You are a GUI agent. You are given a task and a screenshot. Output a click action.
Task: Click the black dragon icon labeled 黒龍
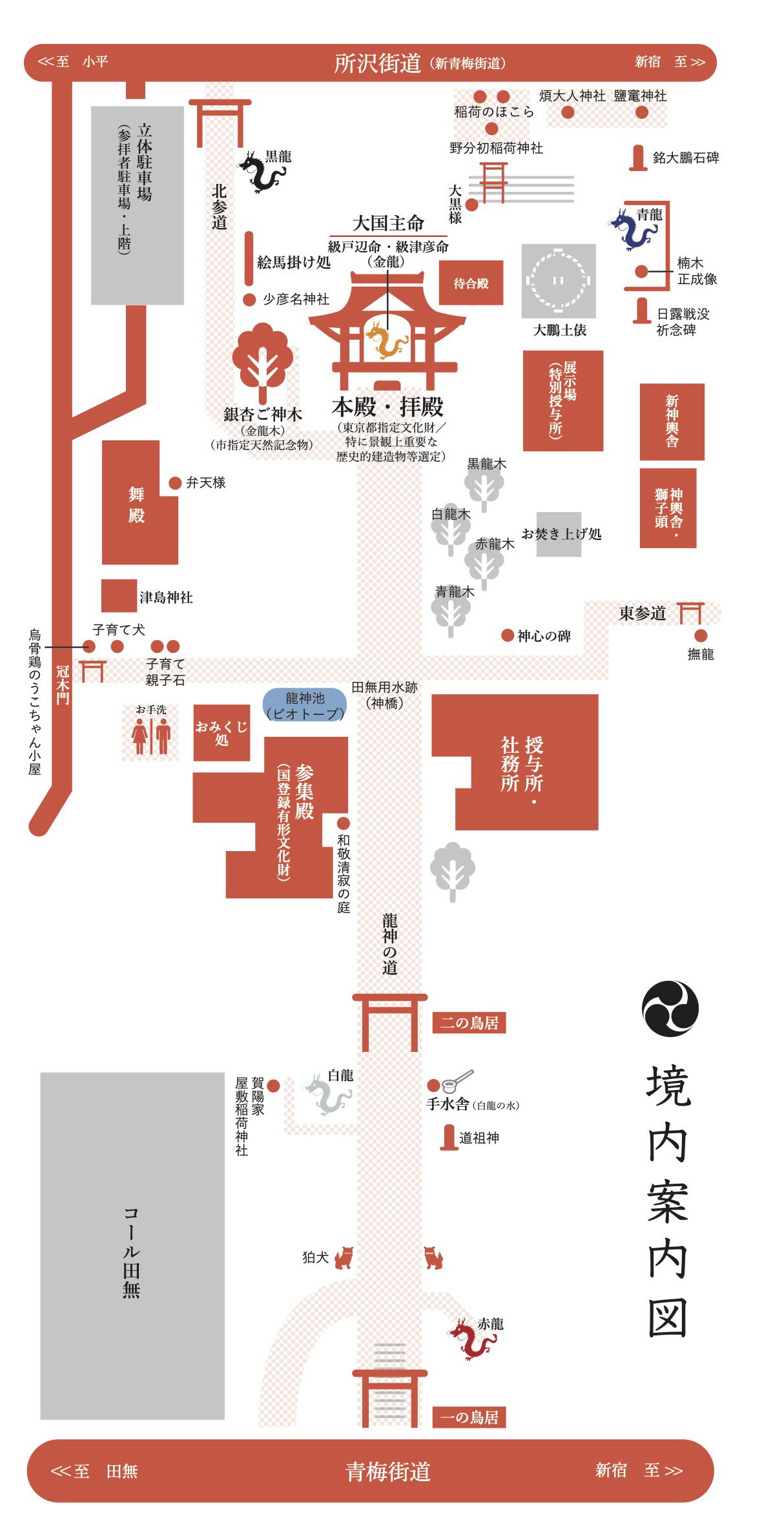click(x=261, y=172)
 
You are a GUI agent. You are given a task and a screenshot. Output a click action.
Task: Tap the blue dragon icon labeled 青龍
click(x=632, y=229)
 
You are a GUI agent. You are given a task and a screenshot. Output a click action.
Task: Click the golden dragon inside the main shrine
click(x=386, y=340)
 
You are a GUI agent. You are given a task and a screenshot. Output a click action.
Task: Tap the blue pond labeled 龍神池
click(x=304, y=705)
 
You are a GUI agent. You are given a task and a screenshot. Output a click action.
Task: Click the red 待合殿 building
click(x=471, y=283)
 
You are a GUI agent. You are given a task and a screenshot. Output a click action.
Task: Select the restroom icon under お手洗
click(x=151, y=736)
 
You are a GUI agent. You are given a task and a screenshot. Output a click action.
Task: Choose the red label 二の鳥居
click(x=469, y=1023)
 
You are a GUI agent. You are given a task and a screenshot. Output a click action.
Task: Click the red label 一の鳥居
click(x=469, y=1417)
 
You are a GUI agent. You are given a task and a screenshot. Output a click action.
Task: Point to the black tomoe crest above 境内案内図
click(x=670, y=1008)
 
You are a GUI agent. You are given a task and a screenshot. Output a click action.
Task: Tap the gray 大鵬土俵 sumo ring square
click(x=559, y=281)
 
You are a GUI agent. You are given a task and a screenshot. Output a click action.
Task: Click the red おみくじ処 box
click(x=221, y=733)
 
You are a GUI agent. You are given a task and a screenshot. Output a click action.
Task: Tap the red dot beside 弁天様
click(x=174, y=483)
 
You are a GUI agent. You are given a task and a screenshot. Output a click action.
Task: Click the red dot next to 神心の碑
click(x=508, y=635)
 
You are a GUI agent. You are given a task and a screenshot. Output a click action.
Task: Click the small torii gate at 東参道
click(x=690, y=613)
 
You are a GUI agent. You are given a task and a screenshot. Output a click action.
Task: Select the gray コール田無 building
click(x=132, y=1246)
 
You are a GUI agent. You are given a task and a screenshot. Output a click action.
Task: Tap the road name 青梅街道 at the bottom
click(x=387, y=1472)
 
